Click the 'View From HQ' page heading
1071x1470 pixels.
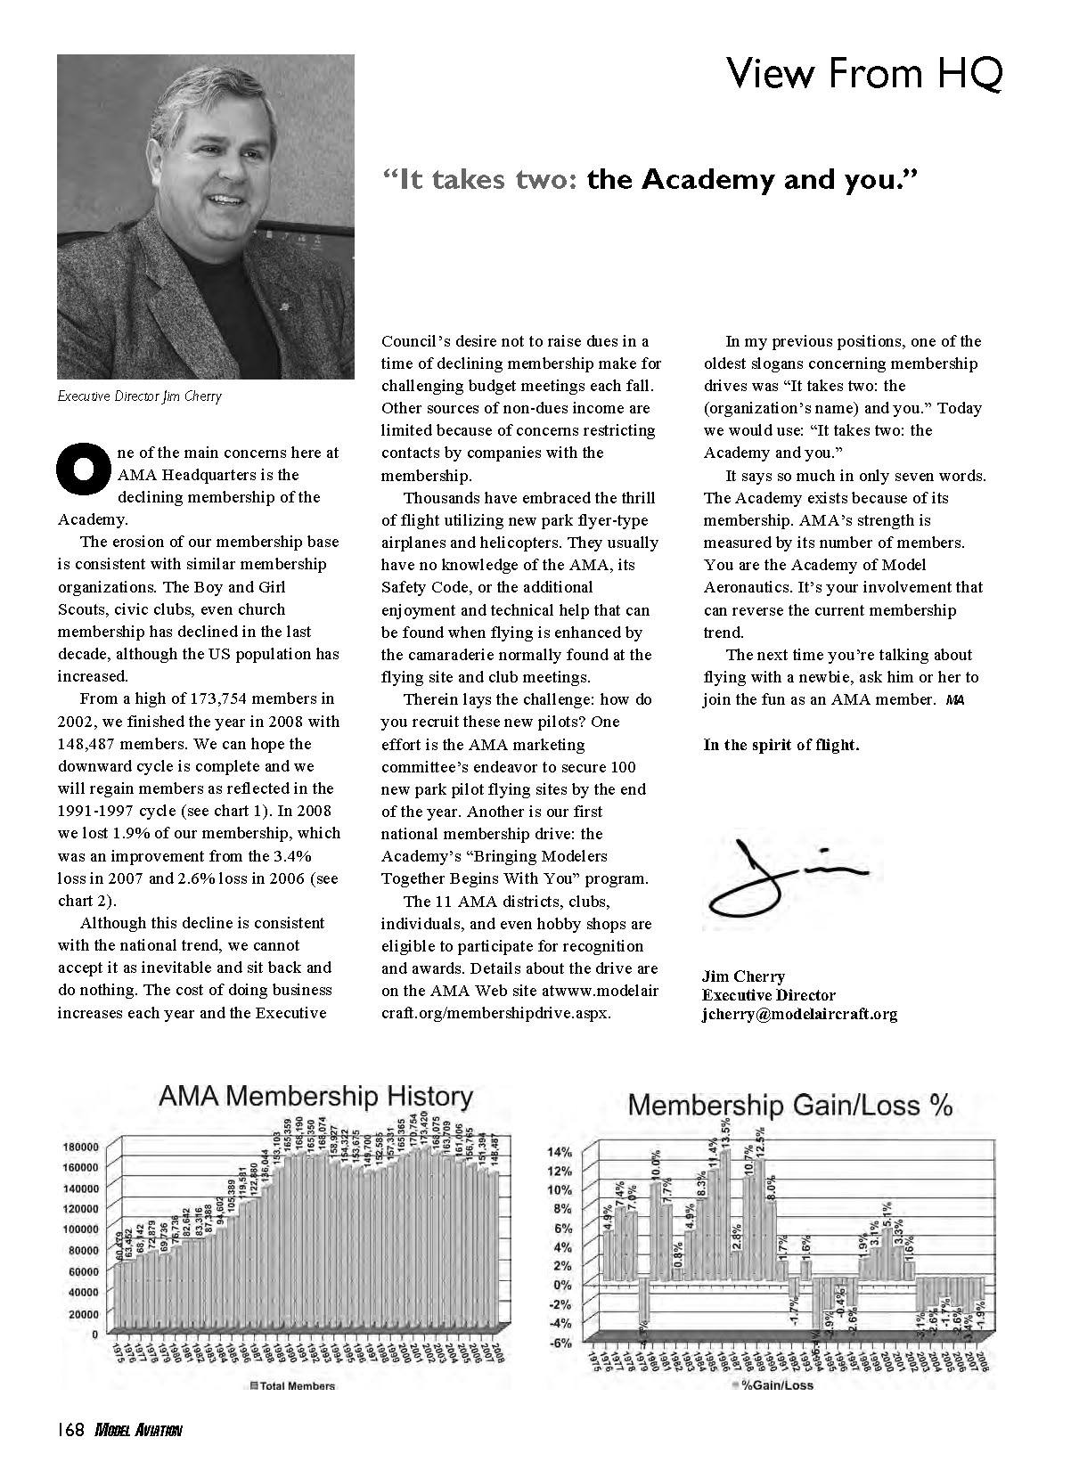[x=864, y=73]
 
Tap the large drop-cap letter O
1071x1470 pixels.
[x=82, y=470]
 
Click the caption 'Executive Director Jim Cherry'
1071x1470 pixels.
[x=139, y=396]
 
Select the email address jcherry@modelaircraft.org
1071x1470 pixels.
[x=799, y=1014]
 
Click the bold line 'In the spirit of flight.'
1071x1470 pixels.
[x=781, y=745]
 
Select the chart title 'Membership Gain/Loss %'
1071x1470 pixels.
[x=790, y=1106]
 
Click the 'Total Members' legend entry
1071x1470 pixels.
[x=292, y=1385]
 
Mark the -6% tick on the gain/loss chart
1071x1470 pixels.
[x=560, y=1343]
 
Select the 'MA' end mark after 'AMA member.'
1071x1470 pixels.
[x=955, y=700]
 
